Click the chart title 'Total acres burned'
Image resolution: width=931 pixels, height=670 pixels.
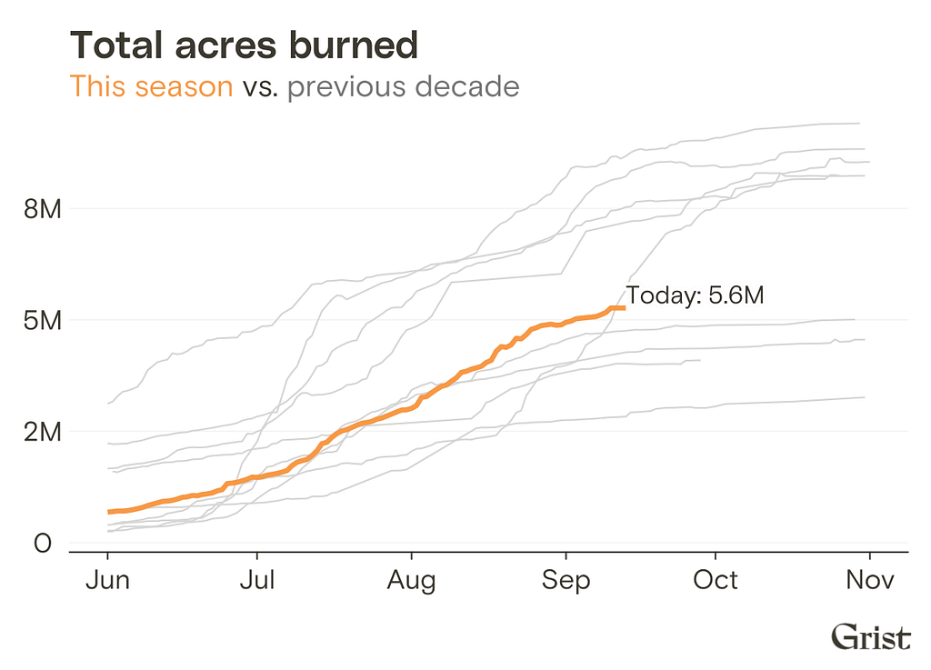click(244, 45)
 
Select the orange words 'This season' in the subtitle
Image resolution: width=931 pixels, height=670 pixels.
click(152, 86)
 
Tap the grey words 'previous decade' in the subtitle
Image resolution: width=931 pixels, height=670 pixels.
click(404, 86)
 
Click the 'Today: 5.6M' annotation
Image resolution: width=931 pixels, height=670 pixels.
click(696, 295)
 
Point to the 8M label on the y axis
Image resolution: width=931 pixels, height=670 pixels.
click(43, 209)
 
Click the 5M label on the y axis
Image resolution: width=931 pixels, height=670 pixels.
click(43, 321)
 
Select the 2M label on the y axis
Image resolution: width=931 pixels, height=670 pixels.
click(43, 432)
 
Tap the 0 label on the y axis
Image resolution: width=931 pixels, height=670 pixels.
click(43, 543)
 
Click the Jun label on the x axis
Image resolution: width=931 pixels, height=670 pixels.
click(107, 580)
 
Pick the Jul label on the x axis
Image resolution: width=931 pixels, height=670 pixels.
click(257, 580)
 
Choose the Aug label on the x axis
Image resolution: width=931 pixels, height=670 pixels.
click(412, 581)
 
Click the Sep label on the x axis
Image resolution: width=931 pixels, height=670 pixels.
click(566, 581)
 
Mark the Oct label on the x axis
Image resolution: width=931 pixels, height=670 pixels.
click(716, 580)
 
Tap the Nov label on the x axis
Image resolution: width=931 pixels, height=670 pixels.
click(870, 580)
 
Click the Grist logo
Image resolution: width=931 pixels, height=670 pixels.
click(870, 636)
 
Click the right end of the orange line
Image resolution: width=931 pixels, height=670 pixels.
click(625, 308)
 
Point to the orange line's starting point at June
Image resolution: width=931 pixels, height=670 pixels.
click(109, 512)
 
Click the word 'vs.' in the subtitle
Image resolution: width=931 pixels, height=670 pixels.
click(260, 88)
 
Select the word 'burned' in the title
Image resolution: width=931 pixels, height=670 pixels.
click(354, 45)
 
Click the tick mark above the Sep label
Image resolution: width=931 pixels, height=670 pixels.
click(566, 556)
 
